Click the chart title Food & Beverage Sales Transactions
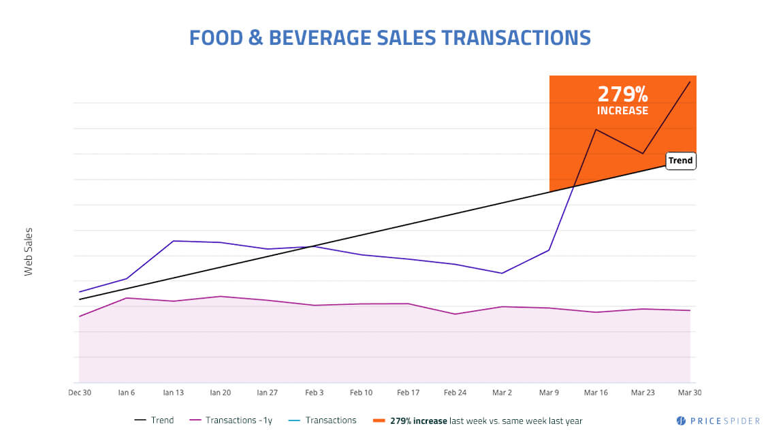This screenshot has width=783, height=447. tap(389, 37)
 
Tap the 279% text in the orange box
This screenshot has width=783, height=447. tap(622, 94)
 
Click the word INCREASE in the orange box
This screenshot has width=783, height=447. tap(622, 110)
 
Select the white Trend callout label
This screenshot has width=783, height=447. tap(680, 161)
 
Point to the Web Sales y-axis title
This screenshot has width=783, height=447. tap(29, 251)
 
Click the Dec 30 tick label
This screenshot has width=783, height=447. tap(80, 393)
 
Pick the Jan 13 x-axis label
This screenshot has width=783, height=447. tap(174, 393)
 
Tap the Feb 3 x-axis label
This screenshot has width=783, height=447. tap(314, 393)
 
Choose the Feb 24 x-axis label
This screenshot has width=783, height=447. tap(455, 393)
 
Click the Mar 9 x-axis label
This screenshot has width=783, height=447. tap(549, 393)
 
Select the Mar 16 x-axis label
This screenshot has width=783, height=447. tap(596, 393)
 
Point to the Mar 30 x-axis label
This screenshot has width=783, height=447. tap(689, 393)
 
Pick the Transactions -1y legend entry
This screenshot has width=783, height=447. tap(231, 420)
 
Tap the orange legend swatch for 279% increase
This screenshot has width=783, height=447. tap(379, 420)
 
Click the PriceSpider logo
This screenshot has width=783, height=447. tap(718, 421)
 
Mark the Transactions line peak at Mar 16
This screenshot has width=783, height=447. tap(596, 129)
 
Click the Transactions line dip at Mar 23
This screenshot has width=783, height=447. tap(643, 154)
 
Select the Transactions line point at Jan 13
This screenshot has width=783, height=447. tap(174, 241)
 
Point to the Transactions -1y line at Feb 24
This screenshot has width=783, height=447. tap(455, 314)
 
